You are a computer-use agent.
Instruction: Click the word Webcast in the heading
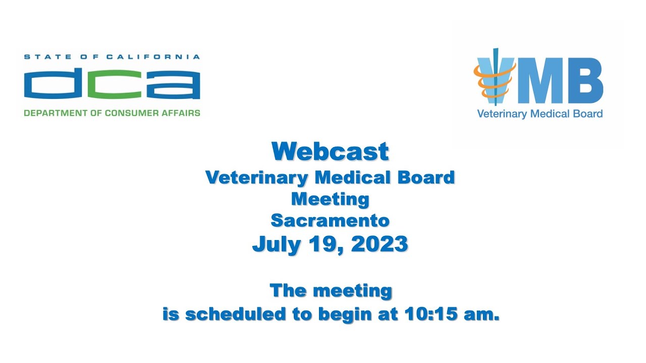pos(330,151)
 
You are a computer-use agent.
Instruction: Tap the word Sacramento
pos(330,221)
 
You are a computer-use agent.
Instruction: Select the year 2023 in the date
pos(380,244)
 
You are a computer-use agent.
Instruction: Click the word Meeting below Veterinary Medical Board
pos(330,199)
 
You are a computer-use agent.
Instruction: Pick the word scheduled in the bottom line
pos(236,314)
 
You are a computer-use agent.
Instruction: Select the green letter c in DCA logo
pos(112,84)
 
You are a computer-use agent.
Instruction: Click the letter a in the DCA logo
pos(172,84)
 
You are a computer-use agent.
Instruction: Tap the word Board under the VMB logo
pos(587,114)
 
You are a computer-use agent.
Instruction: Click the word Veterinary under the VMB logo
pos(502,114)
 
